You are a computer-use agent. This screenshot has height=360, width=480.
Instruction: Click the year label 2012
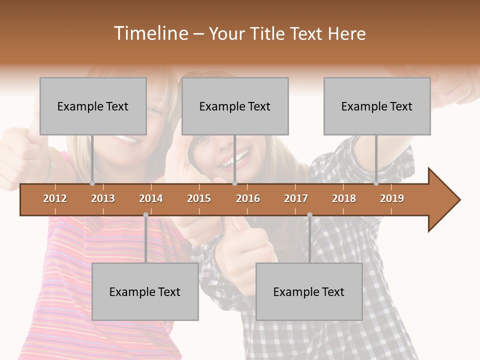pyautogui.click(x=55, y=198)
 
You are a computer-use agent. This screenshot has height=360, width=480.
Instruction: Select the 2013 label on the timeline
pyautogui.click(x=103, y=198)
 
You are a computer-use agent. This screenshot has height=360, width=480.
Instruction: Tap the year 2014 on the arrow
pyautogui.click(x=151, y=198)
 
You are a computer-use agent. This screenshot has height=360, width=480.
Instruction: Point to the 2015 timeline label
pyautogui.click(x=199, y=198)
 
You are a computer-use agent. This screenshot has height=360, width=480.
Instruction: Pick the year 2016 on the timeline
pyautogui.click(x=248, y=198)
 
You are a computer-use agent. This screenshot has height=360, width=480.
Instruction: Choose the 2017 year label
pyautogui.click(x=296, y=198)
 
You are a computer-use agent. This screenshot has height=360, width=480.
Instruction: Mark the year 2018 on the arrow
pyautogui.click(x=344, y=198)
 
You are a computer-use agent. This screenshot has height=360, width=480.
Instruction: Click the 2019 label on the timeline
pyautogui.click(x=392, y=198)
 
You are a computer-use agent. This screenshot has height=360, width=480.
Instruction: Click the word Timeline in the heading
pyautogui.click(x=150, y=33)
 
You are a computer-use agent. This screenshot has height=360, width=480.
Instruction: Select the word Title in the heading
pyautogui.click(x=270, y=33)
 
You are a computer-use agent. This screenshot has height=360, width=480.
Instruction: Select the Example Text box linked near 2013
pyautogui.click(x=93, y=106)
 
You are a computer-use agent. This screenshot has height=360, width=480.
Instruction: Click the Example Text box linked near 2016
pyautogui.click(x=235, y=106)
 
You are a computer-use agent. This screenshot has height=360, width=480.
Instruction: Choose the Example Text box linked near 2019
pyautogui.click(x=377, y=106)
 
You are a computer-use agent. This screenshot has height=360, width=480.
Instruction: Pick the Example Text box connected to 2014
pyautogui.click(x=145, y=291)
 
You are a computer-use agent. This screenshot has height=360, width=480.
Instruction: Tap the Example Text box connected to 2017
pyautogui.click(x=309, y=291)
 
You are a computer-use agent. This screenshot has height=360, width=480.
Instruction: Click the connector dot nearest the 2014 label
pyautogui.click(x=145, y=215)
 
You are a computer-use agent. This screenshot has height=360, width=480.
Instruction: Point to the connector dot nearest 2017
pyautogui.click(x=309, y=215)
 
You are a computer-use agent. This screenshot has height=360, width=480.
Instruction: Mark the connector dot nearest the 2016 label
pyautogui.click(x=234, y=183)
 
